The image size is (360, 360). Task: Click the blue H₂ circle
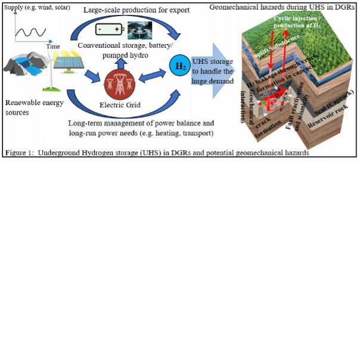click(179, 66)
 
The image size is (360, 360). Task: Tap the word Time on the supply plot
click(53, 46)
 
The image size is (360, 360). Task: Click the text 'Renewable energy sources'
click(28, 107)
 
